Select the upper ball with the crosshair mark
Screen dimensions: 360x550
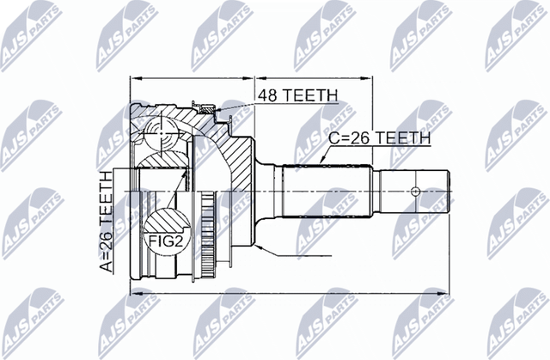coord(161,136)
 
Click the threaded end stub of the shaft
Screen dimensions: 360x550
coord(417,191)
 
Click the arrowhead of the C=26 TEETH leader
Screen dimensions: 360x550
coord(321,161)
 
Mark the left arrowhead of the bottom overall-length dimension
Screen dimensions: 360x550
coord(131,294)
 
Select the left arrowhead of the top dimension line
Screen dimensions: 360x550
coord(131,77)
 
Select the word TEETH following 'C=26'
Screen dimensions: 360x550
coord(403,137)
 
